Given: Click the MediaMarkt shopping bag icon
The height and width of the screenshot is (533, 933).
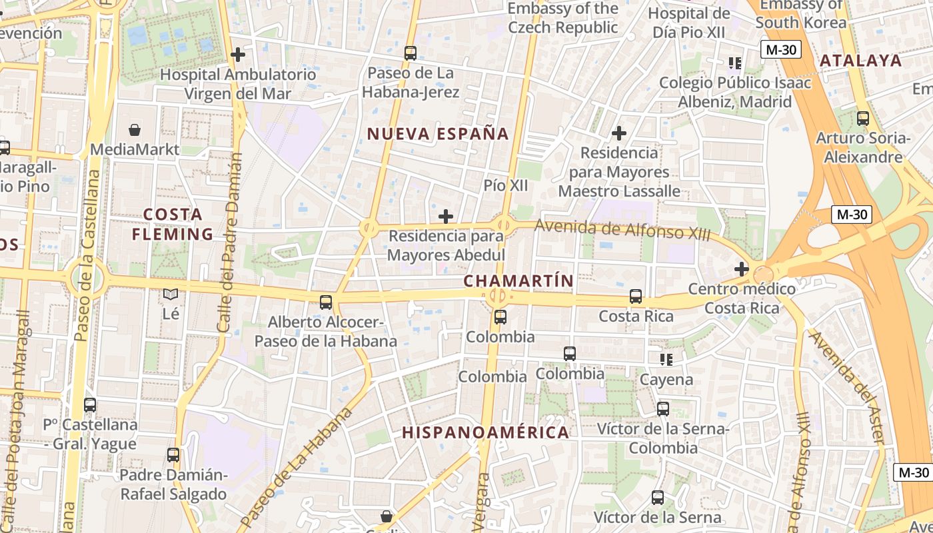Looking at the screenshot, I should click(135, 129).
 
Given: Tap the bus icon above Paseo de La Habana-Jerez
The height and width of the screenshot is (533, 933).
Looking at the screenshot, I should click(411, 53).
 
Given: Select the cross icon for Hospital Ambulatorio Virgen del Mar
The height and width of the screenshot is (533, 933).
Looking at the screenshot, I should click(237, 55).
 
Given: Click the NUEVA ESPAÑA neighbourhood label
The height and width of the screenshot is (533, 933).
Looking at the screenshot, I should click(438, 133).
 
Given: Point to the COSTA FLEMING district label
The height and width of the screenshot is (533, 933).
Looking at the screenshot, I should click(173, 225).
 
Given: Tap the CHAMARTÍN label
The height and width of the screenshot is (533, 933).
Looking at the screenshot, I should click(518, 281).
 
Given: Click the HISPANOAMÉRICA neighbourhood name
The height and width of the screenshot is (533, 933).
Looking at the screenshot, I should click(485, 432).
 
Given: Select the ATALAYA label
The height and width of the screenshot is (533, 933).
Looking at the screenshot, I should click(860, 61).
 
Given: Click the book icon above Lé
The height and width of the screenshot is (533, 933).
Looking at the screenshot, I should click(171, 294).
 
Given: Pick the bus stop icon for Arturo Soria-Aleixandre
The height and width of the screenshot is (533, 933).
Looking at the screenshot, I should click(863, 119).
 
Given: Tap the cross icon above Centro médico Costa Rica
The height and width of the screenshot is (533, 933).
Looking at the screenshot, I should click(741, 269).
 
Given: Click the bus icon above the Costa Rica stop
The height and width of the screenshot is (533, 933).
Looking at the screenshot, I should click(636, 296).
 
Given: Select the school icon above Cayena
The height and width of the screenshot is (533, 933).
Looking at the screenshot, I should click(666, 360).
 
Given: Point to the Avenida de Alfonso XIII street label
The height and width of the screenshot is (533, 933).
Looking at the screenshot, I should click(622, 230).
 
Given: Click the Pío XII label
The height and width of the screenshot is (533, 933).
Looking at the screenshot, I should click(506, 185).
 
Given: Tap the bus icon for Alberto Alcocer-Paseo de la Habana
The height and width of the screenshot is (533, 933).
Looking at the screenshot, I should click(326, 302).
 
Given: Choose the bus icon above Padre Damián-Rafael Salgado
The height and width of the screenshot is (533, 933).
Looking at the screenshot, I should click(173, 455).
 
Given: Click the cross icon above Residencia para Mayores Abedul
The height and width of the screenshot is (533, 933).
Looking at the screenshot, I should click(446, 216).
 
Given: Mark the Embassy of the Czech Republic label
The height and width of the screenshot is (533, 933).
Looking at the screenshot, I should click(563, 18).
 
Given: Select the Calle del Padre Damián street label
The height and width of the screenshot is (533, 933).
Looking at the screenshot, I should click(229, 243).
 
